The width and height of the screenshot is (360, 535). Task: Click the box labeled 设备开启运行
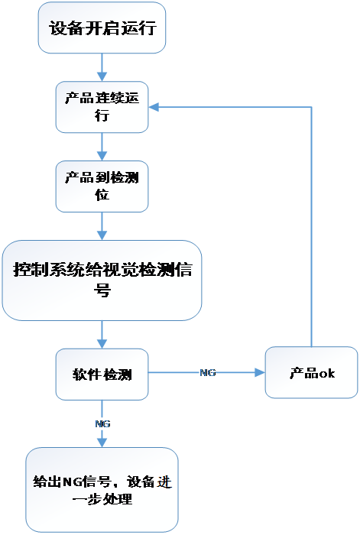pyautogui.click(x=102, y=28)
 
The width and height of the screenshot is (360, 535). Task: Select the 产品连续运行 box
pyautogui.click(x=102, y=107)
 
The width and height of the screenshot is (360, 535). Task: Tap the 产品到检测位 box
pyautogui.click(x=102, y=186)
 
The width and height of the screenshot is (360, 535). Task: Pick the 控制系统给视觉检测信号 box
pyautogui.click(x=102, y=280)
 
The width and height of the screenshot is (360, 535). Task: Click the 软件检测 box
pyautogui.click(x=102, y=374)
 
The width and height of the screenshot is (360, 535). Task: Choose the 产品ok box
pyautogui.click(x=311, y=373)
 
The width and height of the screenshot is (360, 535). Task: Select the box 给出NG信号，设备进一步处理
pyautogui.click(x=102, y=490)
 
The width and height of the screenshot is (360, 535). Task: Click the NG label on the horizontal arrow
pyautogui.click(x=207, y=373)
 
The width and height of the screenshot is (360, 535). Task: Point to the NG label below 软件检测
pyautogui.click(x=102, y=423)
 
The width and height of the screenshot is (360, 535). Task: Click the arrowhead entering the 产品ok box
pyautogui.click(x=260, y=373)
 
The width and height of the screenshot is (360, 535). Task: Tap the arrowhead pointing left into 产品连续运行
pyautogui.click(x=154, y=107)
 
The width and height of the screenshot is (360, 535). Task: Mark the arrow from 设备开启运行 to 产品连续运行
pyautogui.click(x=102, y=67)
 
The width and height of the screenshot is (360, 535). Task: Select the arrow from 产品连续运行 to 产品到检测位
pyautogui.click(x=102, y=147)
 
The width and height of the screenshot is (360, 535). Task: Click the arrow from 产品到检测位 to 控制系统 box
pyautogui.click(x=102, y=226)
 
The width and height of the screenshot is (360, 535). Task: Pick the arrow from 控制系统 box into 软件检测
pyautogui.click(x=102, y=335)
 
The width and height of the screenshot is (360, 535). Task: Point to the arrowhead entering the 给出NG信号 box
pyautogui.click(x=102, y=443)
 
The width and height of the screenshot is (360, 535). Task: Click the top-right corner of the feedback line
pyautogui.click(x=311, y=107)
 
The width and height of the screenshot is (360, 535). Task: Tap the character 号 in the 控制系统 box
pyautogui.click(x=102, y=290)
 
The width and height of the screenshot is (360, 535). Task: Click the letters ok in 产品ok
pyautogui.click(x=326, y=373)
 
